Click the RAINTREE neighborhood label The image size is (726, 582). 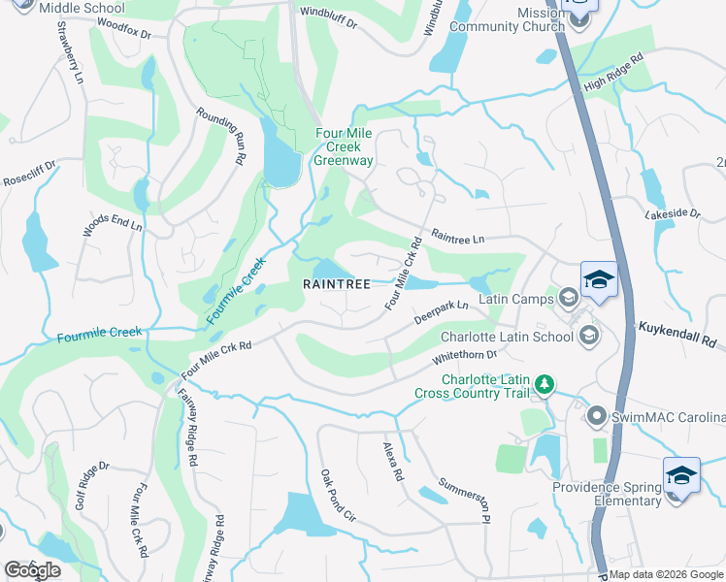click(336, 284)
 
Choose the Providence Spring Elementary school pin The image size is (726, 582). click(681, 478)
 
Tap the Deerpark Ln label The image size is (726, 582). click(442, 312)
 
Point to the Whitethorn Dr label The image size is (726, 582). click(464, 357)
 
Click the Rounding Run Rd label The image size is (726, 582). click(221, 137)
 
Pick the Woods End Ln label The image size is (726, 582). click(113, 225)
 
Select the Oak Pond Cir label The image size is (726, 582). click(339, 497)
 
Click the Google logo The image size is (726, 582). click(32, 570)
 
